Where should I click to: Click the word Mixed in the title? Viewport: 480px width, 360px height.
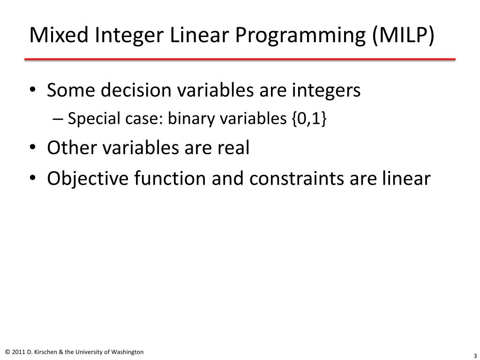pos(59,35)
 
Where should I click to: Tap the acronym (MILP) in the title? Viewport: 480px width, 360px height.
pos(404,36)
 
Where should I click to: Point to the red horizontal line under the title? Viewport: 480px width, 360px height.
pos(240,59)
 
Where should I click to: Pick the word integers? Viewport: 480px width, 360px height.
pos(326,91)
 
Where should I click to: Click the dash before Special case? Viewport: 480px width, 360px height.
pos(58,119)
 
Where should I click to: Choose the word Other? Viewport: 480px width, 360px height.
pos(72,148)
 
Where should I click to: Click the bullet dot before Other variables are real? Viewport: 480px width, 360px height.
pos(32,147)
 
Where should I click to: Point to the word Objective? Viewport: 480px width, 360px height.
pos(88,179)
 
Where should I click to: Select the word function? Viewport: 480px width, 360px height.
pos(170,178)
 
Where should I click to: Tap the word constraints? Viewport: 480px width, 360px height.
pos(297,179)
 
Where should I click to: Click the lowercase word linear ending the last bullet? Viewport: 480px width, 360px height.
pos(406,178)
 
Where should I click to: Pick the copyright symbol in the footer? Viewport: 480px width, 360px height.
pos(7,352)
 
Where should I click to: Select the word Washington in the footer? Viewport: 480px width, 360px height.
pos(127,352)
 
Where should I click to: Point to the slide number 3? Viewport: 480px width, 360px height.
pos(475,356)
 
